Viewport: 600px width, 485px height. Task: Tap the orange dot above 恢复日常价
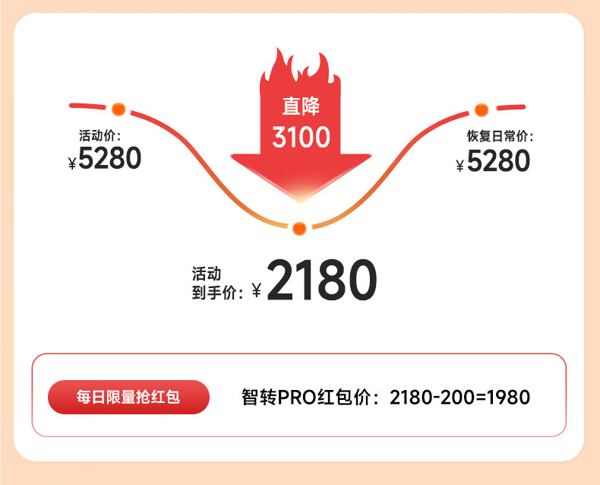coord(481,109)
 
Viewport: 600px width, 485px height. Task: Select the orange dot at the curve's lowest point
coord(299,228)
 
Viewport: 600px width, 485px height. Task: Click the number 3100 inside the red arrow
coord(302,137)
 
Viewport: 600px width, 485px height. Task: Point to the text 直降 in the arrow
coord(301,106)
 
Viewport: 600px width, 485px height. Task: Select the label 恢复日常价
coord(499,137)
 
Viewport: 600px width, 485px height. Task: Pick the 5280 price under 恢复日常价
coord(498,161)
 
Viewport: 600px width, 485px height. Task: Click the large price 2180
coord(321,281)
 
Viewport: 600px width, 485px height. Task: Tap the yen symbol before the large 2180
coord(256,290)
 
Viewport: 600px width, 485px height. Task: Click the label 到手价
coord(216,291)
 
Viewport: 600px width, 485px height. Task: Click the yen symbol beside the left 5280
coord(72,162)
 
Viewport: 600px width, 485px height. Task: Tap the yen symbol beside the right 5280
coord(459,165)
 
